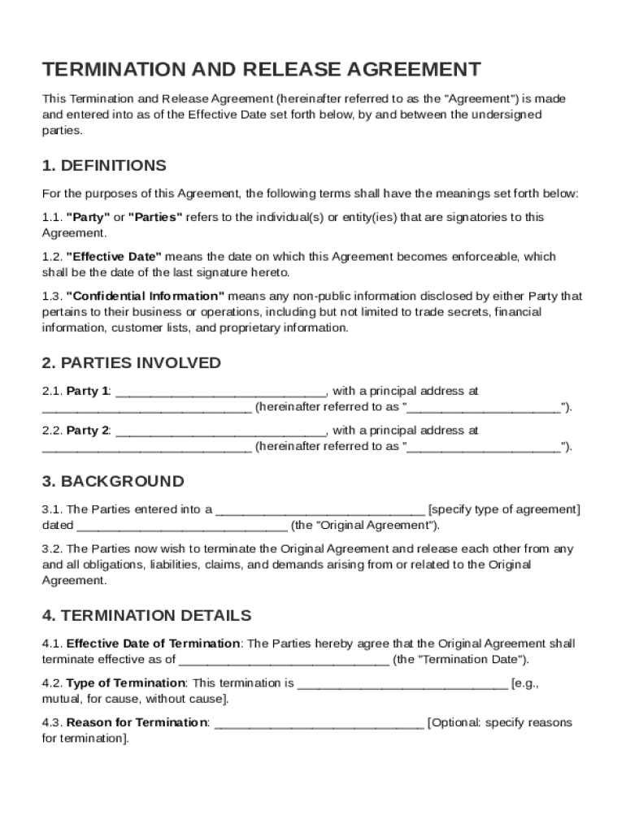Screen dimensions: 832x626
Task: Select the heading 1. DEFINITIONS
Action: click(104, 166)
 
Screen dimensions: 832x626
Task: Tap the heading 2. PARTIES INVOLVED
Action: click(131, 363)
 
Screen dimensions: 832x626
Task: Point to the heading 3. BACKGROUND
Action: click(113, 481)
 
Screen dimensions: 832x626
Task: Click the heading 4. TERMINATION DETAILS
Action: click(146, 616)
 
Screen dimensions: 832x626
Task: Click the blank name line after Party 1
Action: click(221, 392)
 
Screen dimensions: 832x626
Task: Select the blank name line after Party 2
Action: click(221, 431)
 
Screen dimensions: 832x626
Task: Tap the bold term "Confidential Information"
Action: click(145, 297)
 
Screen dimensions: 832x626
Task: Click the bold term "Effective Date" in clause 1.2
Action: click(114, 257)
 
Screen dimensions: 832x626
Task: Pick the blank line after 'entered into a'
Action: click(320, 510)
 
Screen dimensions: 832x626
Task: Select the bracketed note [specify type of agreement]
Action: click(504, 510)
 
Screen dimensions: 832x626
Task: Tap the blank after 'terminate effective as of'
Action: click(284, 660)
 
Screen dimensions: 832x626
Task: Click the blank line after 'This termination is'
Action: click(403, 684)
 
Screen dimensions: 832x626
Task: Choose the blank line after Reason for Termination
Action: click(319, 723)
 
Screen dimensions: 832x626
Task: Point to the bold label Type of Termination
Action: click(126, 684)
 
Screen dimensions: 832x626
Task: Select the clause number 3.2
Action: click(52, 549)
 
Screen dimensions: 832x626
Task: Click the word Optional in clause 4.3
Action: click(455, 723)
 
